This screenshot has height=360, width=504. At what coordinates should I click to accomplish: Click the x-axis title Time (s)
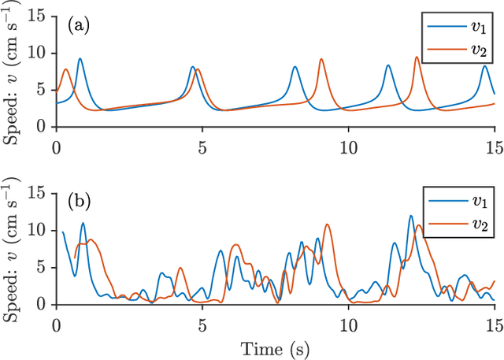(x=275, y=347)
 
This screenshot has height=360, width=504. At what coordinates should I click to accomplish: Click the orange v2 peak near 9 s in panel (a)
(x=321, y=59)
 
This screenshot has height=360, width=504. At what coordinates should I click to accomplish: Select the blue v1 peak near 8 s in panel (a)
(x=295, y=67)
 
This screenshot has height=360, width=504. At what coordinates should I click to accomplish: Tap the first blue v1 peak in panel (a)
(x=80, y=58)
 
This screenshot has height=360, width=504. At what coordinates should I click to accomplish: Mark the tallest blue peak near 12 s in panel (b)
(x=410, y=216)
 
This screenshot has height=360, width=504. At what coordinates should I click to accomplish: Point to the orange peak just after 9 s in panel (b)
(x=327, y=225)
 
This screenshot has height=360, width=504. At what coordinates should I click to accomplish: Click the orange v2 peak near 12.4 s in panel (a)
(x=417, y=57)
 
